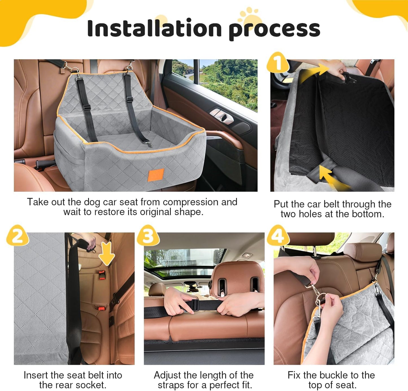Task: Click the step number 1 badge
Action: [x=278, y=62]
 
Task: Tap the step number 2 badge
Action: [x=18, y=235]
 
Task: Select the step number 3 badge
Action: [x=148, y=235]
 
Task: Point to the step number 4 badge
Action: [x=278, y=235]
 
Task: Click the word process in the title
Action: [x=274, y=29]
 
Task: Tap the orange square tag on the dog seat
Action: [x=156, y=174]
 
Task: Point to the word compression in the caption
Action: [x=191, y=202]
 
